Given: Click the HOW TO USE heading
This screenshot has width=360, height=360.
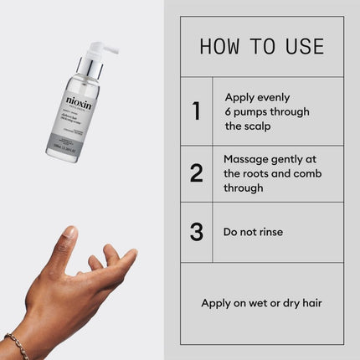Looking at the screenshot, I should (x=262, y=46).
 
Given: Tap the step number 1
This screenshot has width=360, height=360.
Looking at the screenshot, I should (x=196, y=111).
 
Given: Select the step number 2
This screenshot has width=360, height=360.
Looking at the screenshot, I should (x=197, y=173).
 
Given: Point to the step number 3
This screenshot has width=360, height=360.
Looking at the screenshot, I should (x=197, y=232).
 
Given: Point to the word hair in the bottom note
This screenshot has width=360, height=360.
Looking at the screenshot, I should (x=310, y=302).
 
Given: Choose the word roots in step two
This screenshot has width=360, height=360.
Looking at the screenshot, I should (x=256, y=173).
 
